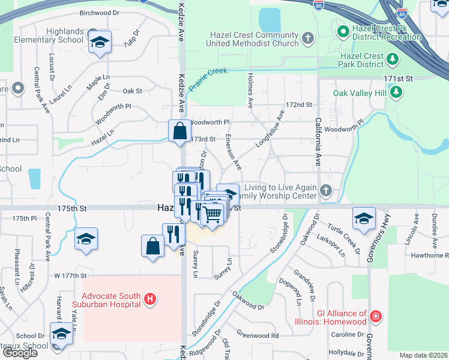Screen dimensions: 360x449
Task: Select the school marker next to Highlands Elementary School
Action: click(x=100, y=43)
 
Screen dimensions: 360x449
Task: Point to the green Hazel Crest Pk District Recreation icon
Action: click(x=343, y=30)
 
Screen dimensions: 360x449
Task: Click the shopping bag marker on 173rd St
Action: click(x=180, y=130)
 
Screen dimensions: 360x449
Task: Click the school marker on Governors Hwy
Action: click(x=363, y=219)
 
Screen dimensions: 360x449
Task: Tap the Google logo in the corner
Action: click(x=20, y=353)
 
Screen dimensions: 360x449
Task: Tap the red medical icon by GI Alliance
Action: click(x=376, y=316)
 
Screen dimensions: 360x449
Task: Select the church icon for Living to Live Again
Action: click(x=326, y=191)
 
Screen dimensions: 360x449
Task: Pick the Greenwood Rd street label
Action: click(x=258, y=335)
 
